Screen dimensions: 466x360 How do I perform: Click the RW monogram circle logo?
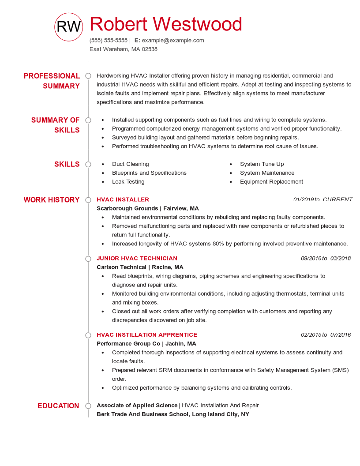[x=68, y=27]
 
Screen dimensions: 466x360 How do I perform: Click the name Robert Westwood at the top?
[x=166, y=24]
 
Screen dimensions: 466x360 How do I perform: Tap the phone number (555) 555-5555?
[x=109, y=40]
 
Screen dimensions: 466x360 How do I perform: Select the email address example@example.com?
[x=173, y=40]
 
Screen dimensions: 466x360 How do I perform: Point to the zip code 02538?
[x=150, y=49]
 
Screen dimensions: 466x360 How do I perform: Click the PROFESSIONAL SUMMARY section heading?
[x=52, y=81]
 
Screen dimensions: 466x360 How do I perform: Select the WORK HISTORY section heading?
[x=52, y=200]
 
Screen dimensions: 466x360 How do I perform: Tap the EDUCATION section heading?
[x=58, y=406]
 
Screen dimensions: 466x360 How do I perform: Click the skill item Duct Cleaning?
[x=130, y=164]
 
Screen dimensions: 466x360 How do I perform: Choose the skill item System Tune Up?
[x=262, y=164]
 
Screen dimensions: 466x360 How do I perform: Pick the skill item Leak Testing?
[x=128, y=181]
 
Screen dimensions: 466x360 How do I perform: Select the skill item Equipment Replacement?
[x=271, y=181]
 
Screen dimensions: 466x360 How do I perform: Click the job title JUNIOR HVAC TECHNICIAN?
[x=137, y=258]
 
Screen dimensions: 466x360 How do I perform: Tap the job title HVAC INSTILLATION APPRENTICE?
[x=147, y=334]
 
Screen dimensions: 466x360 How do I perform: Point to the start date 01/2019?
[x=303, y=199]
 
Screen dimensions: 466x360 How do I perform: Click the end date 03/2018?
[x=340, y=258]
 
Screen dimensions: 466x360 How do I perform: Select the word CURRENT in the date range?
[x=337, y=199]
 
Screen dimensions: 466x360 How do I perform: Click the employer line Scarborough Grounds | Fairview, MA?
[x=148, y=208]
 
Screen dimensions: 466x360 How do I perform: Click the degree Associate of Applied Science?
[x=137, y=405]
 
